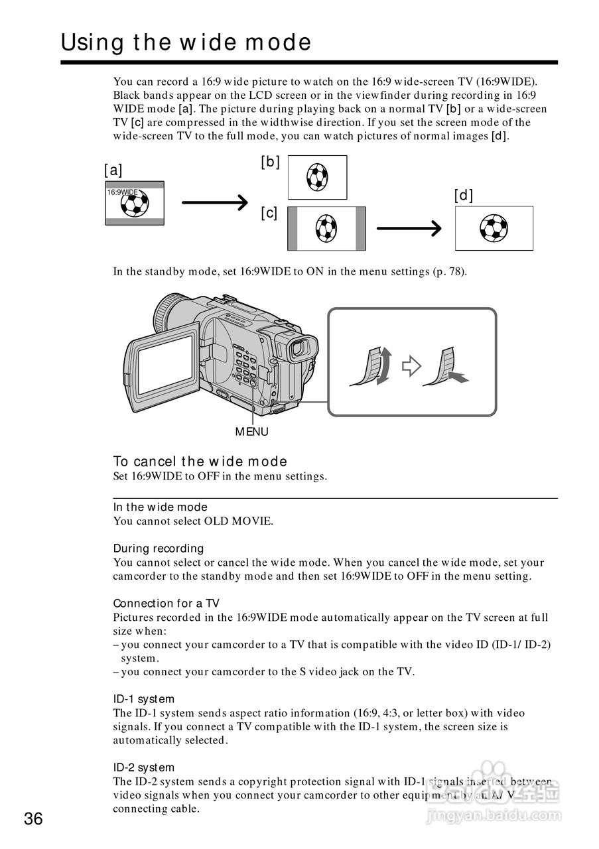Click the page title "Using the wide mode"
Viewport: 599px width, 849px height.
coord(186,43)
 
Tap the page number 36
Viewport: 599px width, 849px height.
coord(33,819)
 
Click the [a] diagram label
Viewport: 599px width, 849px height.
coord(113,170)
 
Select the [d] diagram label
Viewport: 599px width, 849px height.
coord(464,195)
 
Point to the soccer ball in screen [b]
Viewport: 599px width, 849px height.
coord(317,177)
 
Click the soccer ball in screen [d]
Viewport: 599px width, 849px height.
coord(494,228)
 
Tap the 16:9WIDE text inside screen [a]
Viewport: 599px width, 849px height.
coord(122,192)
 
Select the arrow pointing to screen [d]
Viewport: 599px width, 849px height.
coord(409,229)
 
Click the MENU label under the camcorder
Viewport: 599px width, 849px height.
coord(252,432)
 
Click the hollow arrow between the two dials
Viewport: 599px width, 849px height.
coord(412,365)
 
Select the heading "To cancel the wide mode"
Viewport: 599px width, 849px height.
coord(200,462)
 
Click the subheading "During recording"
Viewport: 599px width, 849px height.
coord(158,549)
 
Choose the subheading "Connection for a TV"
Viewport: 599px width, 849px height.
coord(166,604)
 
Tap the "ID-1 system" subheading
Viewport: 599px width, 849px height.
coord(143,699)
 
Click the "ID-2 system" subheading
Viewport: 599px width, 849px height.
coord(143,767)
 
